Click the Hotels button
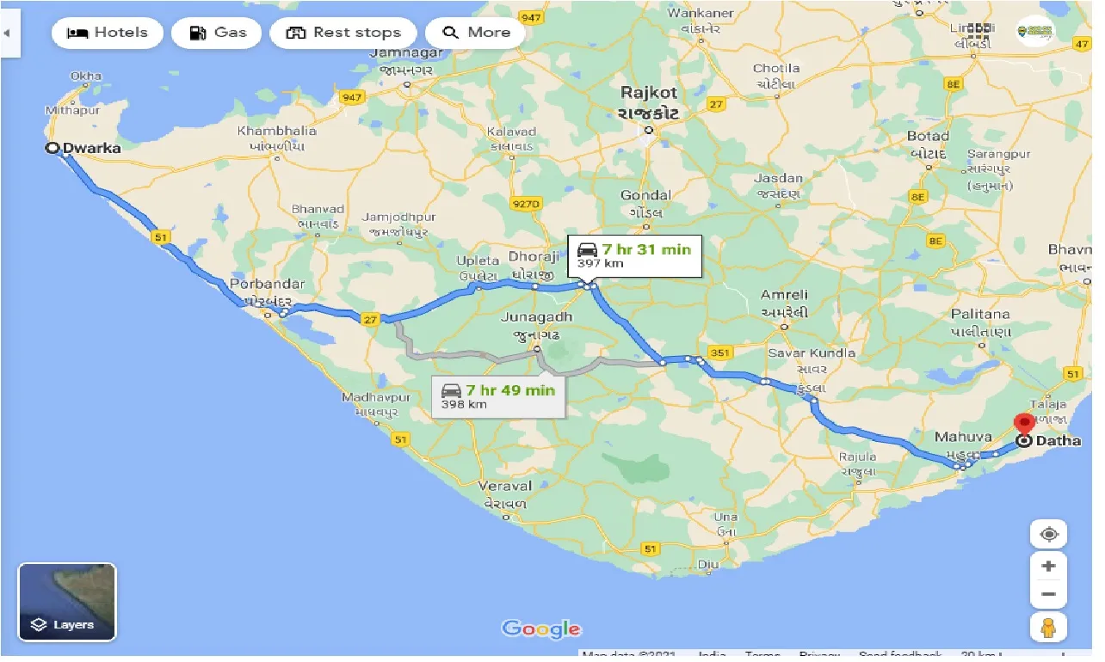pyautogui.click(x=107, y=34)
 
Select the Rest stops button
pyautogui.click(x=343, y=34)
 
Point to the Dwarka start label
pyautogui.click(x=92, y=149)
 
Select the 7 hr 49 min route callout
pyautogui.click(x=498, y=396)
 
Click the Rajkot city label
pyautogui.click(x=650, y=93)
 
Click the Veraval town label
pyautogui.click(x=506, y=487)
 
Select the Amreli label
pyautogui.click(x=784, y=296)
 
